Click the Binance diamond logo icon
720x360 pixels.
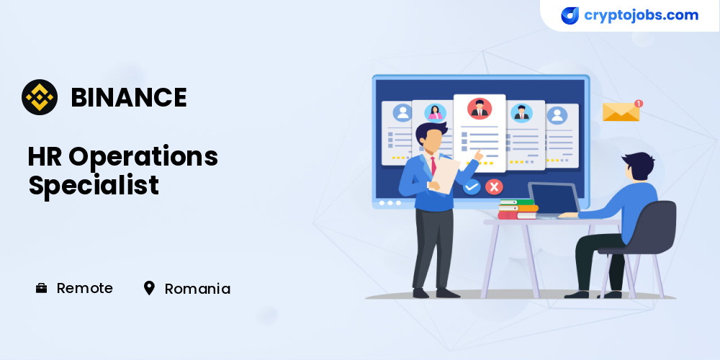click(40, 97)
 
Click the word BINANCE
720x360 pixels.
click(129, 97)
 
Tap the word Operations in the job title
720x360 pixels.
click(143, 157)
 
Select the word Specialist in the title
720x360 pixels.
click(94, 185)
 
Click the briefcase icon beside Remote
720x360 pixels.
click(41, 288)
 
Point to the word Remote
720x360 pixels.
click(84, 288)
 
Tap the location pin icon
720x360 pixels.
click(149, 288)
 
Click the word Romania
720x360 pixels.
click(197, 289)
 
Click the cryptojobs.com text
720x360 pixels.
click(641, 15)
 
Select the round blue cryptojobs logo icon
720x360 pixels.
click(570, 16)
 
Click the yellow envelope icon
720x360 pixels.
click(621, 112)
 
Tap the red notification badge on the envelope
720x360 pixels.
click(638, 103)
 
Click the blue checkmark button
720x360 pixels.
click(472, 187)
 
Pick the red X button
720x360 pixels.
click(494, 187)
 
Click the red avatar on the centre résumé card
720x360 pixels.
click(480, 109)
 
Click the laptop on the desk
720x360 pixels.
click(553, 199)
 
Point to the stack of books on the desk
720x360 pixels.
click(518, 209)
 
